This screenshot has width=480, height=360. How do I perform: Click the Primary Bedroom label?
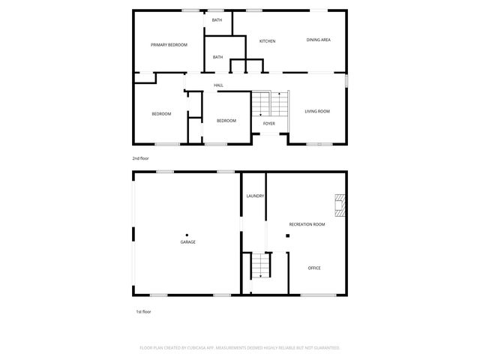pyautogui.click(x=169, y=45)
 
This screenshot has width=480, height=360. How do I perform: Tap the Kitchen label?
pyautogui.click(x=268, y=40)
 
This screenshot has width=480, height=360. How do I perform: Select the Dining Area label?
pyautogui.click(x=319, y=40)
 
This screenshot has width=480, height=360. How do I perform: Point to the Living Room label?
pyautogui.click(x=317, y=112)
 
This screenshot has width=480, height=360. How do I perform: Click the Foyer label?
pyautogui.click(x=268, y=124)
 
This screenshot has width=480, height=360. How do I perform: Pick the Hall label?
pyautogui.click(x=219, y=85)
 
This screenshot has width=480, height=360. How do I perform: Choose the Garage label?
pyautogui.click(x=187, y=241)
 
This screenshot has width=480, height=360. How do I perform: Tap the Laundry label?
pyautogui.click(x=255, y=196)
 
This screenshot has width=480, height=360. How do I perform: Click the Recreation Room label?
pyautogui.click(x=307, y=224)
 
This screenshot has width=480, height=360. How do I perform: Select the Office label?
pyautogui.click(x=314, y=268)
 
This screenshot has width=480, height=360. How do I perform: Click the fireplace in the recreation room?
pyautogui.click(x=340, y=205)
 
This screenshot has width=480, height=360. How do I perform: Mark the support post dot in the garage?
pyautogui.click(x=187, y=235)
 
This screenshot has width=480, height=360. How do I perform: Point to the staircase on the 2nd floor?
pyautogui.click(x=269, y=102)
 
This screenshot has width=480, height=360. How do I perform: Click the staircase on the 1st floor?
pyautogui.click(x=259, y=265)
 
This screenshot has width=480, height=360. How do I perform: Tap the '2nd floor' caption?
pyautogui.click(x=141, y=159)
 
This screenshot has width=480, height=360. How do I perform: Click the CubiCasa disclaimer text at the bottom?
pyautogui.click(x=240, y=348)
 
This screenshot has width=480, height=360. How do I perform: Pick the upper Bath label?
pyautogui.click(x=217, y=20)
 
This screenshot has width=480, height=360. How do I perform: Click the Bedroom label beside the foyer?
pyautogui.click(x=226, y=121)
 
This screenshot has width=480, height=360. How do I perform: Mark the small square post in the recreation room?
pyautogui.click(x=286, y=235)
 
